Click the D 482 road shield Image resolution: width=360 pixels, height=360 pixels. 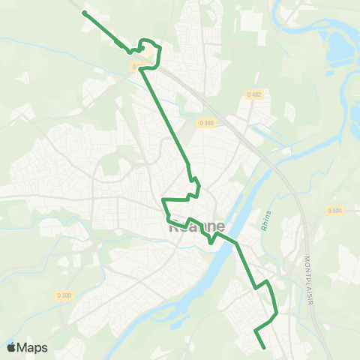pyautogui.click(x=255, y=94)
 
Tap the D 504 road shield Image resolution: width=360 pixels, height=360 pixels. pyautogui.click(x=334, y=211)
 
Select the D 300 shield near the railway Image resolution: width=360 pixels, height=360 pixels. pyautogui.click(x=208, y=122)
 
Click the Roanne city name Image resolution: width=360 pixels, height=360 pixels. pyautogui.click(x=196, y=226)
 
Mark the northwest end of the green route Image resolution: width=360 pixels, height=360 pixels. pyautogui.click(x=83, y=13)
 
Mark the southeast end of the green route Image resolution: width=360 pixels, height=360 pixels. pyautogui.click(x=264, y=347)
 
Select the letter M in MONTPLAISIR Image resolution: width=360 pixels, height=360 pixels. pyautogui.click(x=307, y=259)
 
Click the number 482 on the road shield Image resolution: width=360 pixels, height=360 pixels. pyautogui.click(x=257, y=94)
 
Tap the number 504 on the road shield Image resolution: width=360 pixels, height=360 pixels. pyautogui.click(x=337, y=211)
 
